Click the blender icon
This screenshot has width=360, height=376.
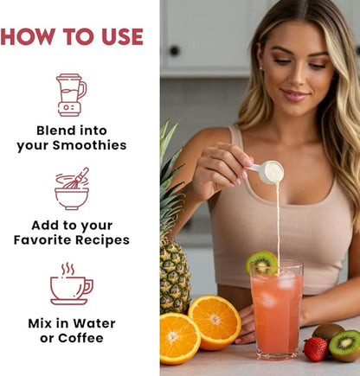[x=71, y=95]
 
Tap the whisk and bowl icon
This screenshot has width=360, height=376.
[x=72, y=188]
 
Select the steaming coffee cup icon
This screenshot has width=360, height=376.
[x=72, y=284]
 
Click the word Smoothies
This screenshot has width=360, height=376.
[x=89, y=145]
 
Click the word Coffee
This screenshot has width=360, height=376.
[x=80, y=338]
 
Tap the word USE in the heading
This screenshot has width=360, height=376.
[x=123, y=36]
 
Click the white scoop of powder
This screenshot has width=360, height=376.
[x=268, y=172]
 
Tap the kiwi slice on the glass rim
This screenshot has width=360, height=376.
[x=261, y=262]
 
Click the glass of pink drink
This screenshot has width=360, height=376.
[x=276, y=309]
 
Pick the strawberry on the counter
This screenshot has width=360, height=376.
[x=316, y=349]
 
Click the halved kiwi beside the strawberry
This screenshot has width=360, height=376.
[x=345, y=346]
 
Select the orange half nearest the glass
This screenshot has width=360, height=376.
[x=215, y=322]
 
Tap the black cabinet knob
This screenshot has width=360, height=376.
[x=175, y=51]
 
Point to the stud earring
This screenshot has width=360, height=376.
[x=261, y=68]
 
